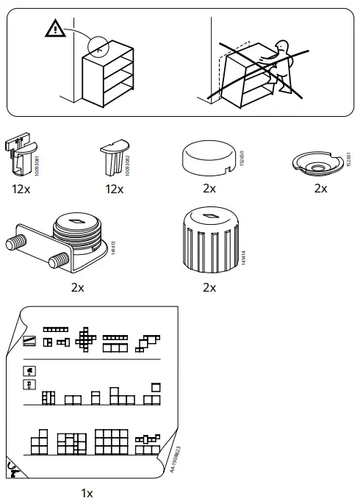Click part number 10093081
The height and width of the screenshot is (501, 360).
[x=37, y=158]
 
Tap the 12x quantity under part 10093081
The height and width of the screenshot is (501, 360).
[x=21, y=190]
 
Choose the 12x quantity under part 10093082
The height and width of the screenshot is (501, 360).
[x=114, y=190]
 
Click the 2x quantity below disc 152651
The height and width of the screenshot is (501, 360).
[x=320, y=189]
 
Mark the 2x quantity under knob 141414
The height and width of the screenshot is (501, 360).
[x=209, y=287]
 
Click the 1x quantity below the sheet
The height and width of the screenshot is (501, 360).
[x=87, y=493]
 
